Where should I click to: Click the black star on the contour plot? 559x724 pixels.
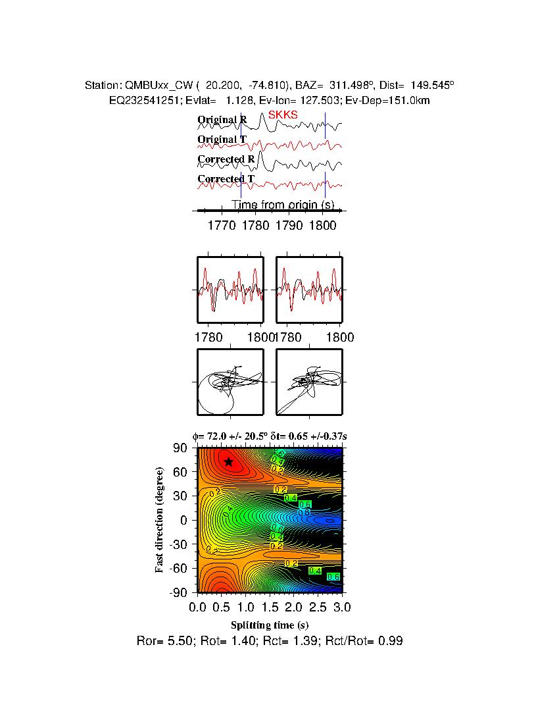(228, 461)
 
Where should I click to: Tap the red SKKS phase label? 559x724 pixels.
(283, 115)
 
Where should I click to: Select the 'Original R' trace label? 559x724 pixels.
(222, 120)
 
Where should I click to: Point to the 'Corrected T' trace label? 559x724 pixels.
(226, 179)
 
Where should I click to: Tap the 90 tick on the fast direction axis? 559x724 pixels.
(181, 448)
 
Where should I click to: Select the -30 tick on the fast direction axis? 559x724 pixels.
(178, 544)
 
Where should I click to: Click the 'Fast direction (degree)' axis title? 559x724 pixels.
(160, 520)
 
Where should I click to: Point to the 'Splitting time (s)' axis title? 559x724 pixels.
(270, 625)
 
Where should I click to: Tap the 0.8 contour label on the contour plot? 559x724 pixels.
(304, 512)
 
